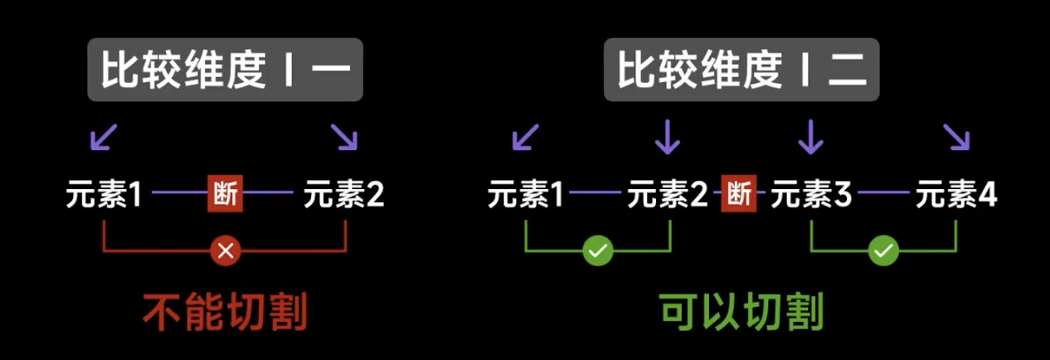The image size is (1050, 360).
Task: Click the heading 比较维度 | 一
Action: point(225,71)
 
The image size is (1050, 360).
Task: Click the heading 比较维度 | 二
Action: point(741,71)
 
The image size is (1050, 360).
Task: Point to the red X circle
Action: point(225,251)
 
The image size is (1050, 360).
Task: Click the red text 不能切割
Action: point(225,313)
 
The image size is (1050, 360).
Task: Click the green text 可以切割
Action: point(741,313)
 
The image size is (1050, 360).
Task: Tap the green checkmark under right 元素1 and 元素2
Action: point(597,251)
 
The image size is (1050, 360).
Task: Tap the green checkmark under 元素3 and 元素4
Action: point(884,251)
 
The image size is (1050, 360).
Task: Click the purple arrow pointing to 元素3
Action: point(810,137)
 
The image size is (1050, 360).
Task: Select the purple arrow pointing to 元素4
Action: point(955,137)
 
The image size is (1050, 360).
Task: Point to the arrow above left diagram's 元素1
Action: point(105,137)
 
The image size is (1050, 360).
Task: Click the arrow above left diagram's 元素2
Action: point(343,137)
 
